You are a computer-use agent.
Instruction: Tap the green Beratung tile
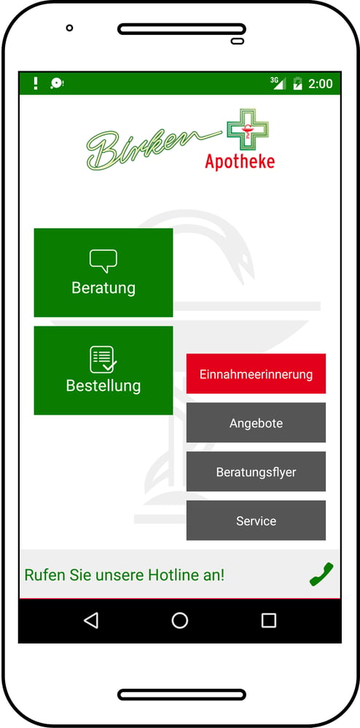[103, 273]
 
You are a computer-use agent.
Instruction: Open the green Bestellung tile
[103, 370]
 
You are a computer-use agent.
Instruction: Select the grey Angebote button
[256, 423]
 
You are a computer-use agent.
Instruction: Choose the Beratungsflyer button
[256, 471]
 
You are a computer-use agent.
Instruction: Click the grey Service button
[256, 520]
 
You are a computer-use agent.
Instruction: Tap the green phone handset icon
[321, 574]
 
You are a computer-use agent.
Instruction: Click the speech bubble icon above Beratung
[103, 260]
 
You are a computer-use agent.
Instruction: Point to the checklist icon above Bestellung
[103, 359]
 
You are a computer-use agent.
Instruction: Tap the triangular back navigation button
[91, 620]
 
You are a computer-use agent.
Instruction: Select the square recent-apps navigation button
[268, 620]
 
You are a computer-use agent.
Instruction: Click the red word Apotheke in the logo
[240, 161]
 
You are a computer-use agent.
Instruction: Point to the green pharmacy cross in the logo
[248, 130]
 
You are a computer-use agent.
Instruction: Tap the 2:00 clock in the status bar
[321, 84]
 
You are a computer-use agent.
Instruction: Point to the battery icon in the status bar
[297, 84]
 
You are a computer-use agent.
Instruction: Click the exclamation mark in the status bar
[36, 84]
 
